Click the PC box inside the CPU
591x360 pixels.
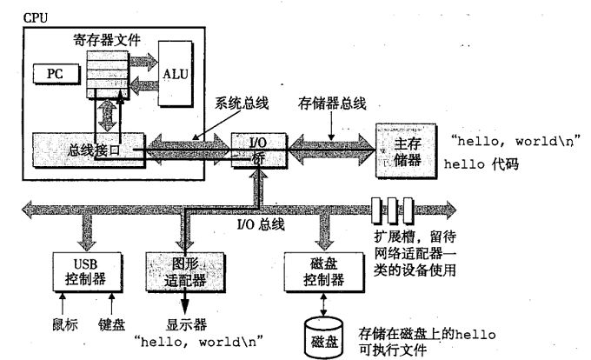tap(56, 74)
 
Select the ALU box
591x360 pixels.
tap(176, 74)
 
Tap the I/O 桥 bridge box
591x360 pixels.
tap(259, 150)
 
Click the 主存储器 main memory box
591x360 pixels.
tap(407, 150)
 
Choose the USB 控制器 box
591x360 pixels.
tap(87, 272)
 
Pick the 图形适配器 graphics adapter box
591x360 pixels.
tap(185, 272)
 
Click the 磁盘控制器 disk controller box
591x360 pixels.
tap(324, 272)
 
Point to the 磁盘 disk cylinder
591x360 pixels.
tap(324, 337)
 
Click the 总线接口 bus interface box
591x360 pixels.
tap(89, 150)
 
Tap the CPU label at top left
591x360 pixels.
tap(36, 17)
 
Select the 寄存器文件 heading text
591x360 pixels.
tap(107, 40)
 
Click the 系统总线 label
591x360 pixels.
tap(242, 103)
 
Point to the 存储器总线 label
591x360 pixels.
tap(332, 103)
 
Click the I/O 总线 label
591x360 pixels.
tap(261, 224)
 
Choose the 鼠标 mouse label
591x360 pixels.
tap(65, 324)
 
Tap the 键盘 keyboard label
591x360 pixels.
tap(111, 324)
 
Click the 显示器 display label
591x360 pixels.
tap(186, 324)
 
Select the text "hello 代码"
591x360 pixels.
tap(481, 164)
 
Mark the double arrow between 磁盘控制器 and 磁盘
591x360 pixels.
tap(323, 303)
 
